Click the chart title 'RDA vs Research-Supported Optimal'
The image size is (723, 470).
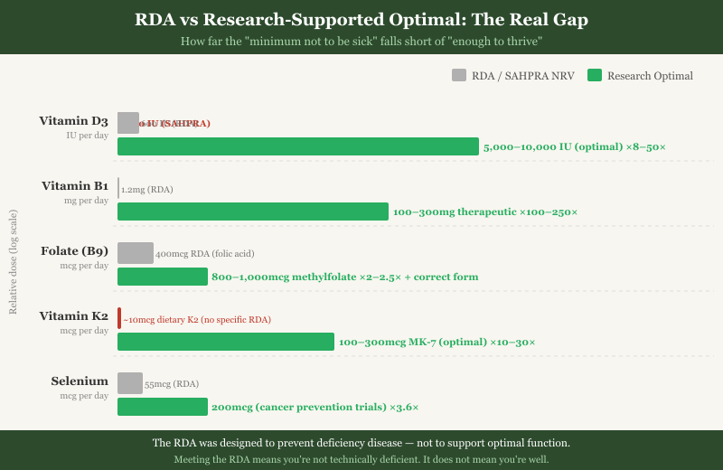[361, 19]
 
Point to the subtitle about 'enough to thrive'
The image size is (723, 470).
[361, 42]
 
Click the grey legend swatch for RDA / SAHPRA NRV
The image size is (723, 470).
[459, 76]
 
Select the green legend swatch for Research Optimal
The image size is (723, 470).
[595, 76]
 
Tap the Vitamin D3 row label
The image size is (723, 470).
[73, 121]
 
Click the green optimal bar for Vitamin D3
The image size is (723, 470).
[298, 146]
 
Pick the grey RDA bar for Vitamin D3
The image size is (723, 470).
[128, 123]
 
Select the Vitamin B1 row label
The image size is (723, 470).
[75, 186]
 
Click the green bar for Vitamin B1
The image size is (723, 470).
[253, 211]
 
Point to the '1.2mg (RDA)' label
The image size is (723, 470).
[147, 190]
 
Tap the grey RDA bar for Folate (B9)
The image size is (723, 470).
[136, 253]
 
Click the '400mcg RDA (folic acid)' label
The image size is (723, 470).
[205, 255]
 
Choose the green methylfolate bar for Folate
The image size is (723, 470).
[163, 277]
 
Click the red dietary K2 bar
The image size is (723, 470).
[119, 318]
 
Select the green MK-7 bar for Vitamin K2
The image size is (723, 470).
[226, 342]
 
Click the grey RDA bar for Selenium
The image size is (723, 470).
[130, 383]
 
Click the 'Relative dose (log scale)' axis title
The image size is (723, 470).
[13, 262]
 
